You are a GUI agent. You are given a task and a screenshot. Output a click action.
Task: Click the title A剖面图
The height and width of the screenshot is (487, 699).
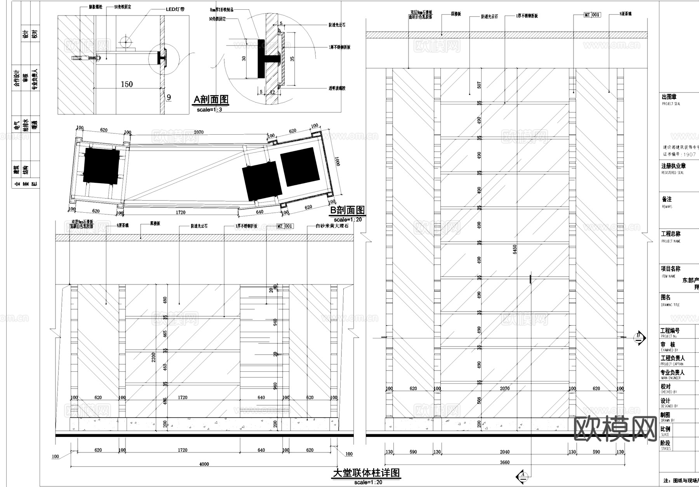click(x=211, y=100)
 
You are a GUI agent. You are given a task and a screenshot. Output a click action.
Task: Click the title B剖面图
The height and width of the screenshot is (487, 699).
click(x=347, y=210)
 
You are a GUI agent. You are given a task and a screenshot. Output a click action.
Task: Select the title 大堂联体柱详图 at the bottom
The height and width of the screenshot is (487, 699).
click(x=366, y=473)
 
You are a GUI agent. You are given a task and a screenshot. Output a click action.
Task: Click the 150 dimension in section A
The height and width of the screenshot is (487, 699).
click(x=127, y=84)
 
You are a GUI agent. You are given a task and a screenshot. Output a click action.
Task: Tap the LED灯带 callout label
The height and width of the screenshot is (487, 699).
click(x=175, y=9)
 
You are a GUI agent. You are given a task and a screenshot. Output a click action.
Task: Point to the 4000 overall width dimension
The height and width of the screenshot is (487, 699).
click(x=204, y=464)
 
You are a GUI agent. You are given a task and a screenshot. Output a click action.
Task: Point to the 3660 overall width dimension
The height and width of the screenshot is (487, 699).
click(x=504, y=462)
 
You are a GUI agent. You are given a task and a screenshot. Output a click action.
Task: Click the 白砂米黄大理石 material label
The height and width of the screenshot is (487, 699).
click(x=332, y=226)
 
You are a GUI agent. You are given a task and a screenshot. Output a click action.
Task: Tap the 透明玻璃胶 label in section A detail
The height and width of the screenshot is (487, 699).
click(x=337, y=88)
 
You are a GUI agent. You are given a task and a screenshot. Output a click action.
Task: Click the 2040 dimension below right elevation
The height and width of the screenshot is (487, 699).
click(x=504, y=452)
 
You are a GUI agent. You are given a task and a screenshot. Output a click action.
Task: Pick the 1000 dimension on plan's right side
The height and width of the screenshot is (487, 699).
click(x=337, y=161)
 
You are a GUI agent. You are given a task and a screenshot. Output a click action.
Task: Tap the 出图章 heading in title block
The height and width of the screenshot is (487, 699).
click(x=669, y=97)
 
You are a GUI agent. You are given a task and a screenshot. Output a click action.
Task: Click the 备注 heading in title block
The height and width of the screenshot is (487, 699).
click(x=666, y=199)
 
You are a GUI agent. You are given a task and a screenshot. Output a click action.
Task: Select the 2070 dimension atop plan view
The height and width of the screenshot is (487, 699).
click(x=198, y=132)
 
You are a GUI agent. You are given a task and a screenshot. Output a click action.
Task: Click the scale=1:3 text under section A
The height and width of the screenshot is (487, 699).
click(x=210, y=110)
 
